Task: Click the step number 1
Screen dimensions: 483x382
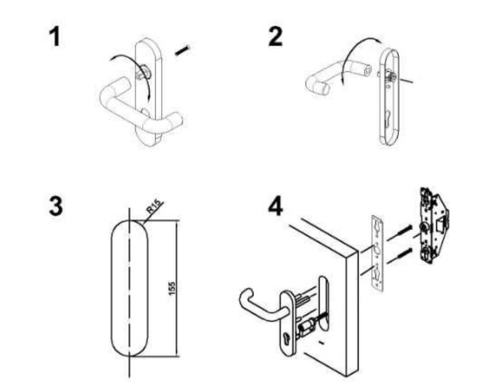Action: pyautogui.click(x=55, y=37)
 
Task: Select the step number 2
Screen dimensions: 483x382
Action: pyautogui.click(x=275, y=37)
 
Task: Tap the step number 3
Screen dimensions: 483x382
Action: pyautogui.click(x=56, y=206)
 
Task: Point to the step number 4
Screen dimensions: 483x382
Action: pyautogui.click(x=275, y=206)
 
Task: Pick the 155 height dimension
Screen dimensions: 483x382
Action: pyautogui.click(x=172, y=289)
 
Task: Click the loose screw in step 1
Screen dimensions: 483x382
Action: pyautogui.click(x=182, y=50)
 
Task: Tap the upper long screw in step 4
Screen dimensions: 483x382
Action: pyautogui.click(x=400, y=233)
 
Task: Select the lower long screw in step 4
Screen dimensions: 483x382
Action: pyautogui.click(x=400, y=256)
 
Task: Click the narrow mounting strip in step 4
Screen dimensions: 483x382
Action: pyautogui.click(x=378, y=253)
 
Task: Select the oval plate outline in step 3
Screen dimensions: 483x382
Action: pyautogui.click(x=111, y=289)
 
